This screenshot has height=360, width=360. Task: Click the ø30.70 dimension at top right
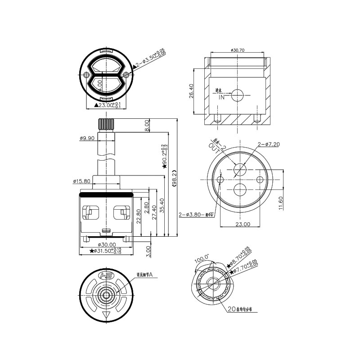pyautogui.click(x=237, y=50)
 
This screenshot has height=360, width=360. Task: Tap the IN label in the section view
pyautogui.click(x=221, y=97)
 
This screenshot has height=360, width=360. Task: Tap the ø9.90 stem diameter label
pyautogui.click(x=87, y=139)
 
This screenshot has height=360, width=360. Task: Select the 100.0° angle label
pyautogui.click(x=201, y=260)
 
